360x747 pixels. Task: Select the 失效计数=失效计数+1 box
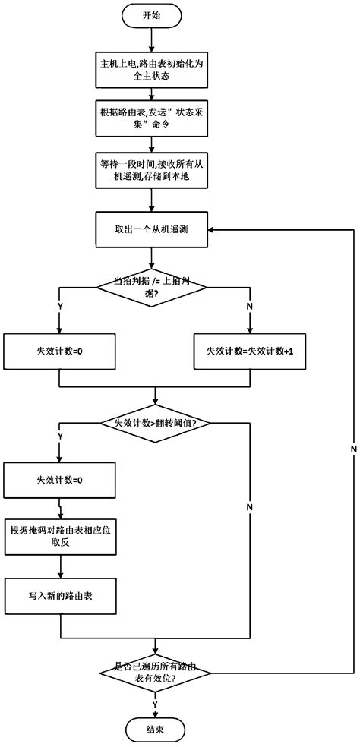[x=250, y=352]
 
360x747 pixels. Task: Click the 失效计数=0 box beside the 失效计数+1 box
[x=58, y=352]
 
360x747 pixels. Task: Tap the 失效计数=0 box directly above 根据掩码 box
[x=58, y=481]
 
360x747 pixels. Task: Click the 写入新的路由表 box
[x=58, y=597]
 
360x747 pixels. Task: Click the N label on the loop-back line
[x=354, y=450]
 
